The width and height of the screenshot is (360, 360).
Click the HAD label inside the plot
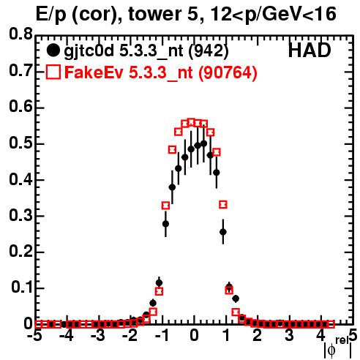(310, 50)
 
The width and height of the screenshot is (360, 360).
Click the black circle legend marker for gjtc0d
(53, 50)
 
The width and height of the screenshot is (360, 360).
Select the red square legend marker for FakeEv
(53, 72)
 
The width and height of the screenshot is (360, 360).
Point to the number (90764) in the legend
(228, 72)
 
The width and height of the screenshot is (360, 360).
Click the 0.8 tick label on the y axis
(20, 34)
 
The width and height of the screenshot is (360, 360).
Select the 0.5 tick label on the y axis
(20, 143)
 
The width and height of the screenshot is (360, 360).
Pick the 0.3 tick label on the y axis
(20, 216)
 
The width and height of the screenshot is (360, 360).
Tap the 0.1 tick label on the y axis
(21, 288)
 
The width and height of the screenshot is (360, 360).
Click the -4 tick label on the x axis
(67, 336)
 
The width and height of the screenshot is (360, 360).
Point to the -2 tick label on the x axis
(131, 336)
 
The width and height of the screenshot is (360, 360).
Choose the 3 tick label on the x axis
(289, 336)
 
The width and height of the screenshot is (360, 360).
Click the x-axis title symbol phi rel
(338, 348)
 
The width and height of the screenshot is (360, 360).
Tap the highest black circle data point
(204, 143)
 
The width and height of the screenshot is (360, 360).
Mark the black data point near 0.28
(165, 224)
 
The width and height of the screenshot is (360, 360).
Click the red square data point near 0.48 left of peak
(172, 150)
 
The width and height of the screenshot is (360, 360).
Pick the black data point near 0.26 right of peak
(223, 232)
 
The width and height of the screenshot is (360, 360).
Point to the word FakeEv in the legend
(94, 72)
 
